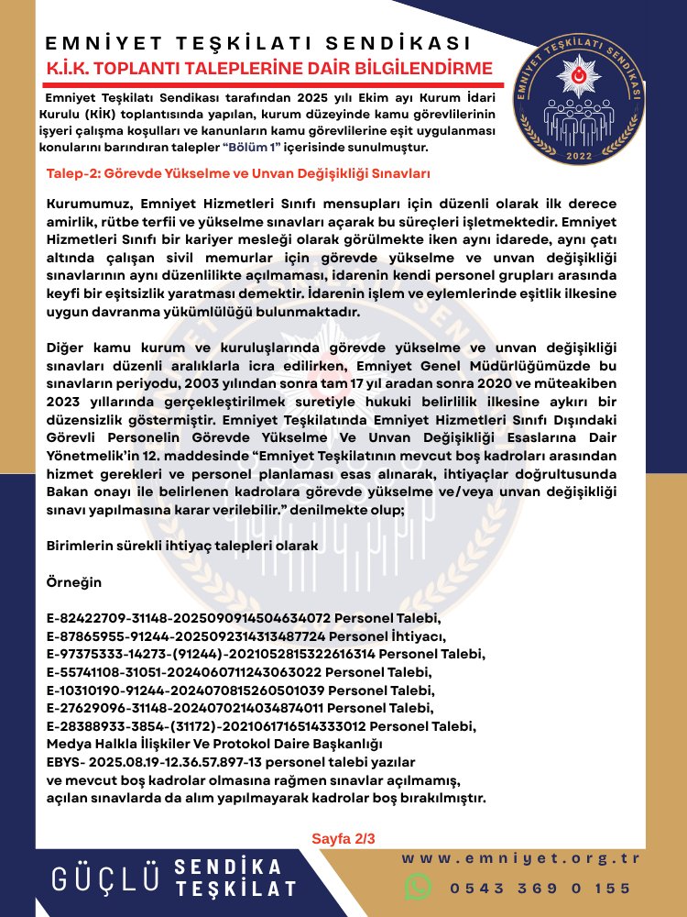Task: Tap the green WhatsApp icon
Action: pos(419,887)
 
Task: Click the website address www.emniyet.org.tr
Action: pos(520,859)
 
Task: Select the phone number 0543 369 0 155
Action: pos(540,888)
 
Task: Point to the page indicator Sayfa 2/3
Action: pos(343,838)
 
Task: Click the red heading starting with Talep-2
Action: pos(225,172)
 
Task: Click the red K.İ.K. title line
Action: pos(269,68)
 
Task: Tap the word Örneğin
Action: pos(74,582)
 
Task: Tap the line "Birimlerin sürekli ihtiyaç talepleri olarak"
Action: pos(182,546)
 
